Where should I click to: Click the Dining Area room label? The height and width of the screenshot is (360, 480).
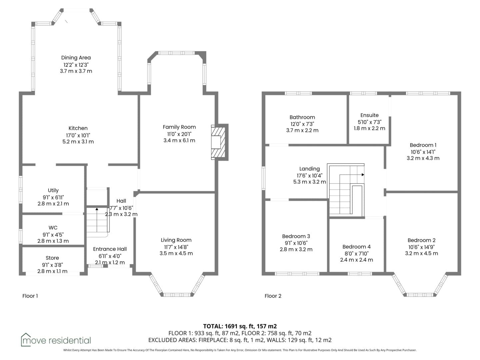76,58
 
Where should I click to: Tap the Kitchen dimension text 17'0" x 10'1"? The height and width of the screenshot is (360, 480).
78,135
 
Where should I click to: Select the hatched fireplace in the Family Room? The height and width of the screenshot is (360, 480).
218,142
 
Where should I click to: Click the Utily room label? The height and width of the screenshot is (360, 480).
53,190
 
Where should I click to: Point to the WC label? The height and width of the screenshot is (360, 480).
53,228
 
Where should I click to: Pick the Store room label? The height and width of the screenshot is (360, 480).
52,258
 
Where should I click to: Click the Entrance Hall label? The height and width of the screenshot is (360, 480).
110,249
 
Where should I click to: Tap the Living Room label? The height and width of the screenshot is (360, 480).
176,240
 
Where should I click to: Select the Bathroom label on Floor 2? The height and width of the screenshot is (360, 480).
302,117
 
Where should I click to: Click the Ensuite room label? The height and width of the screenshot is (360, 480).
369,115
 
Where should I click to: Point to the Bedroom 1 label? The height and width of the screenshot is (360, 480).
423,145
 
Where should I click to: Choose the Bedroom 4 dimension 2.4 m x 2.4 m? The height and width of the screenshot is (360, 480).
356,260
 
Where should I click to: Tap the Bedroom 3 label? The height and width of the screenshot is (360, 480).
296,236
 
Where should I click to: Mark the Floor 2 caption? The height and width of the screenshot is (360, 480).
273,296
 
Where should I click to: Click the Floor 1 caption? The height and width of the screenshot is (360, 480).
30,296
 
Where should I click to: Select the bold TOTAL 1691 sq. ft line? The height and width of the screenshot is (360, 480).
240,326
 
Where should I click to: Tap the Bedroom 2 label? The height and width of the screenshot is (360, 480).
421,240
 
